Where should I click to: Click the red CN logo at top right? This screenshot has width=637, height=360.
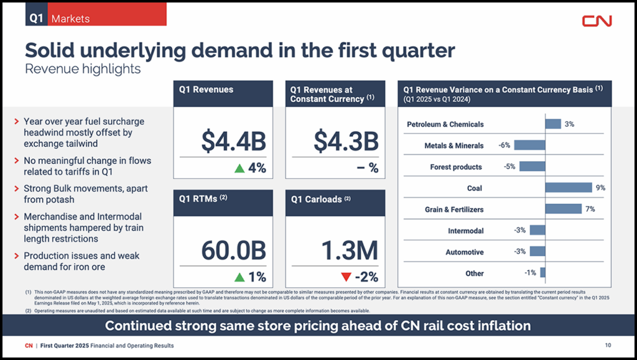pos(597,21)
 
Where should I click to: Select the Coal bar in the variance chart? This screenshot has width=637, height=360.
pos(568,188)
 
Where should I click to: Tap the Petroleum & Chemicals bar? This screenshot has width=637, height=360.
pos(552,124)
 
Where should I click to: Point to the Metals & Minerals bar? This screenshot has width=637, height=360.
pos(529,145)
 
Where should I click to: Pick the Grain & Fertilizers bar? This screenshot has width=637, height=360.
pos(563,209)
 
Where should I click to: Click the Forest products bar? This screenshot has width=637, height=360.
pos(532,167)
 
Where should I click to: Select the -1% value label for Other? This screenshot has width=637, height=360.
pos(530,273)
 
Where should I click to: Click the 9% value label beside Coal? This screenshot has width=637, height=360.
pos(600,188)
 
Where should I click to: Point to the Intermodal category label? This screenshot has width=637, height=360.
pos(465,231)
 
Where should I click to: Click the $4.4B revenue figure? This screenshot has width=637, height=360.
pos(233,141)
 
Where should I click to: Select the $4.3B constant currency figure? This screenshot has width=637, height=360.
pos(346,141)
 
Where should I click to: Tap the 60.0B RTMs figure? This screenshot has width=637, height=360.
pos(233,250)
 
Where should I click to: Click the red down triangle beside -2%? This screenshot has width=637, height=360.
pos(346,277)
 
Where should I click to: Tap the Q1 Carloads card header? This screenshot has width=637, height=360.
pos(335,200)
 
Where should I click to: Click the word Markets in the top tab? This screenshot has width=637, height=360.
pos(70,19)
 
